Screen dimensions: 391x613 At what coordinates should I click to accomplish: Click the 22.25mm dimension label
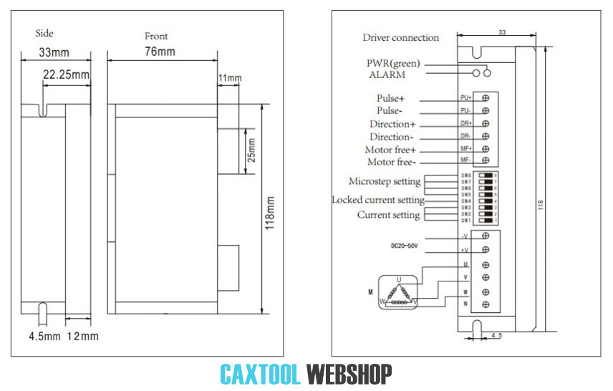click(x=66, y=74)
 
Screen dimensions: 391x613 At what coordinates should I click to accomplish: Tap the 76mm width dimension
click(x=160, y=52)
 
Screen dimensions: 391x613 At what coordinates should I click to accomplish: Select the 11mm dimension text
click(x=231, y=77)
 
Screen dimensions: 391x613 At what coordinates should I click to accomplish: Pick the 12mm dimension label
click(x=82, y=336)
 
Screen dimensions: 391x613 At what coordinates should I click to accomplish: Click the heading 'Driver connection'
click(x=400, y=38)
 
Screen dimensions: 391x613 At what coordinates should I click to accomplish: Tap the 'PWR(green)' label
click(x=393, y=63)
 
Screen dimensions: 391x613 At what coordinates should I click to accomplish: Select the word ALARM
click(x=387, y=74)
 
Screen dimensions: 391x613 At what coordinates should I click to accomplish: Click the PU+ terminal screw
click(x=486, y=97)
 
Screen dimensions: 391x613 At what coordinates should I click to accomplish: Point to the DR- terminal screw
click(x=486, y=135)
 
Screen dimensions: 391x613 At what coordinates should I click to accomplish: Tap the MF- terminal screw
click(x=486, y=160)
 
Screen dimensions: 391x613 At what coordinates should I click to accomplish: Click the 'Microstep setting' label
click(x=385, y=182)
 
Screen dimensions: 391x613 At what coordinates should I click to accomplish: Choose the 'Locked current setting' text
click(x=378, y=200)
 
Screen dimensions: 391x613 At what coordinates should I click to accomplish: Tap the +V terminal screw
click(x=486, y=249)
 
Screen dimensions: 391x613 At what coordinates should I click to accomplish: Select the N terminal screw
click(x=486, y=306)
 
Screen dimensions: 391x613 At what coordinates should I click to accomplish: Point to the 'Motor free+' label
click(x=391, y=150)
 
